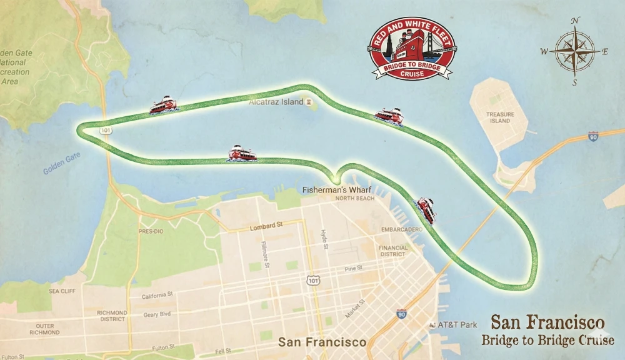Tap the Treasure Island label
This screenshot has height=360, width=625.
tap(500, 117)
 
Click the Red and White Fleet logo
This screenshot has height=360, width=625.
tap(412, 49)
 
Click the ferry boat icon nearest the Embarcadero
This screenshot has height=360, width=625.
tap(426, 209)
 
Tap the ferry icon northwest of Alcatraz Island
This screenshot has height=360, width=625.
tap(164, 105)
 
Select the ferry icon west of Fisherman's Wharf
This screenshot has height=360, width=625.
tap(242, 153)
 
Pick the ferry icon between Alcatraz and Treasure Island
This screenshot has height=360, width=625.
tap(389, 116)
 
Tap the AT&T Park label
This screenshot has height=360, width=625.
tap(457, 324)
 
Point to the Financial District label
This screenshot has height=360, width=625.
tap(392, 251)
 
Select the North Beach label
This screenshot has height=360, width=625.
tap(354, 199)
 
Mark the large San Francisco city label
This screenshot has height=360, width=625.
tap(322, 342)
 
